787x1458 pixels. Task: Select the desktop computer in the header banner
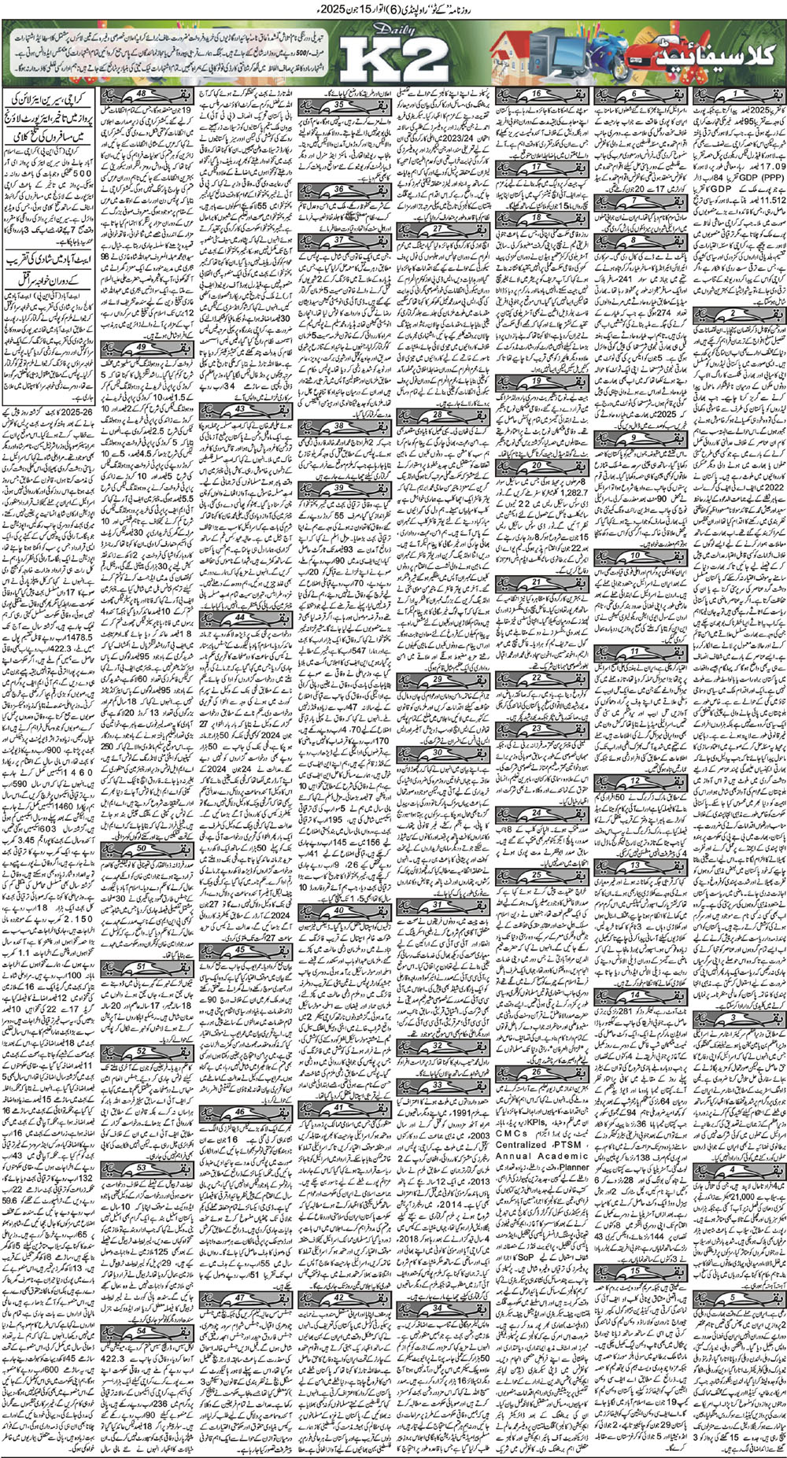pos(546,54)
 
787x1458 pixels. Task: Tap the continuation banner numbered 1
pos(737,96)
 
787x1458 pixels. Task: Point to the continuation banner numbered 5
pos(737,1320)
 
